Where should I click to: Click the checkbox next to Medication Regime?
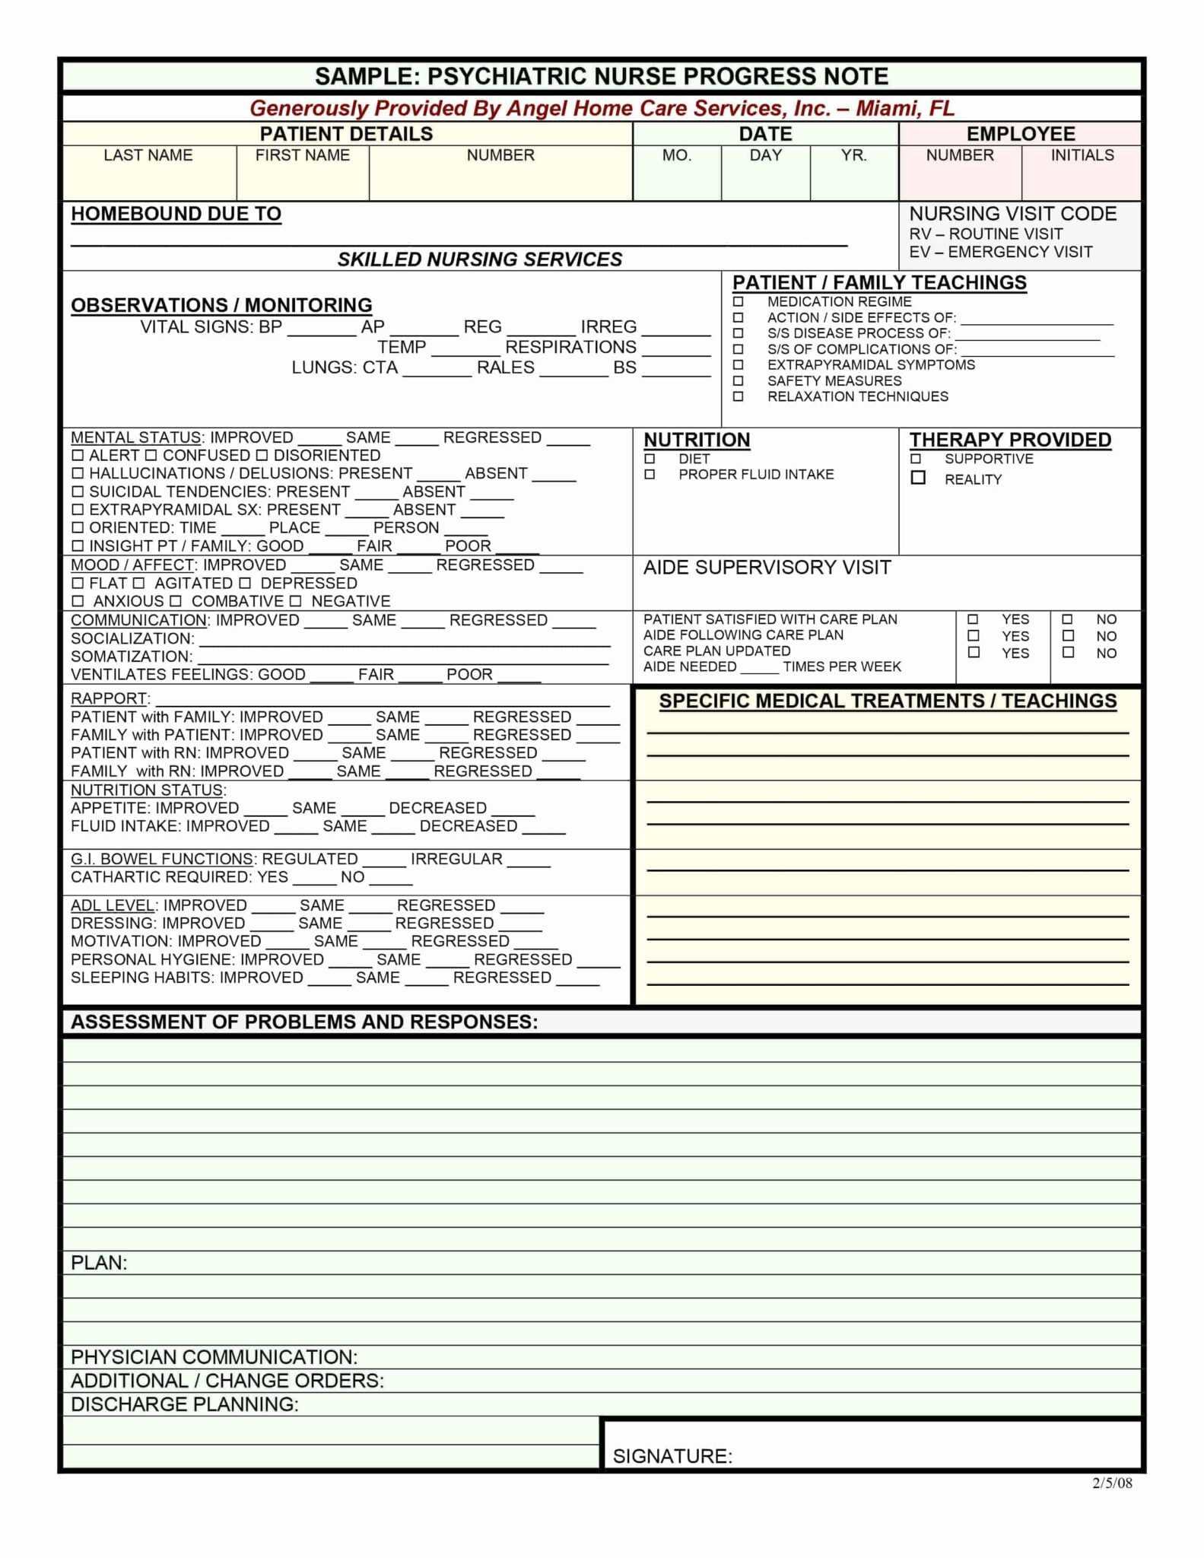tap(738, 302)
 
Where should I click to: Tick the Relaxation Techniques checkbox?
tap(738, 397)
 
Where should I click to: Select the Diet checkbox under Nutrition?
tap(650, 459)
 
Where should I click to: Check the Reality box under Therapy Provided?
tap(918, 479)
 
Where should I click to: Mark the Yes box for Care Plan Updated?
tap(973, 653)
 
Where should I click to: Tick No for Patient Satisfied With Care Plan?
tap(1068, 619)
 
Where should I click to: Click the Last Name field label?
tap(148, 155)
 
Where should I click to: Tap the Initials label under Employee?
tap(1082, 155)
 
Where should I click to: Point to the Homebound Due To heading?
tap(176, 214)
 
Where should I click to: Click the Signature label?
tap(672, 1456)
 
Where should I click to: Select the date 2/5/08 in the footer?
tap(1112, 1483)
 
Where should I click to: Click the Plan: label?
tap(99, 1263)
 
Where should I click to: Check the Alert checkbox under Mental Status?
tap(78, 456)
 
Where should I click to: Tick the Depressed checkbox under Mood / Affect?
tap(245, 583)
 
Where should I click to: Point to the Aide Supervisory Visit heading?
tap(767, 568)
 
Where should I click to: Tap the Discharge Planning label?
tap(185, 1404)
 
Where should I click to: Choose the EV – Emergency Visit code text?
tap(1000, 252)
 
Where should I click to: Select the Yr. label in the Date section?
tap(853, 155)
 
